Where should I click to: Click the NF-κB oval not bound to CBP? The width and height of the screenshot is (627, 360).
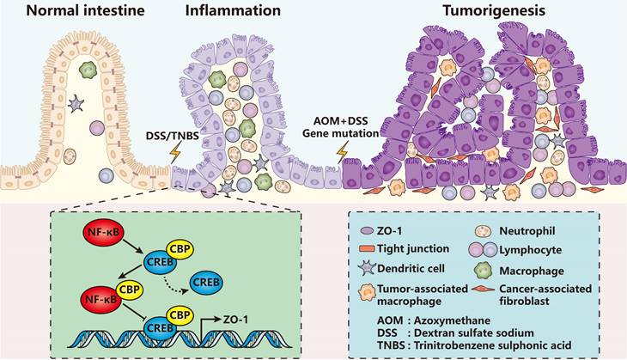(94, 231)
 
